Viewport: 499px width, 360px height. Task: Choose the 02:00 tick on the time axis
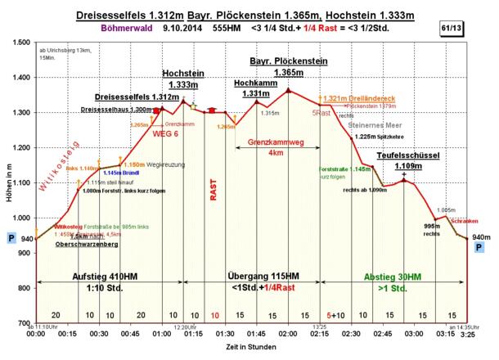click(288, 334)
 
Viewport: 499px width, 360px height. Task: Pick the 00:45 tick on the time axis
click(130, 334)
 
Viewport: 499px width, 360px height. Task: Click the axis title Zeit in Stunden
click(249, 349)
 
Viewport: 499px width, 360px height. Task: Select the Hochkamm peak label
click(255, 83)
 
